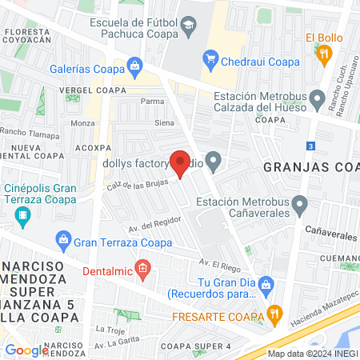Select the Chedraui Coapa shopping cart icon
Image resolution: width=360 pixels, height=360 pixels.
pyautogui.click(x=211, y=57)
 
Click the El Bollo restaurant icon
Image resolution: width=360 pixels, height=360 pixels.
pyautogui.click(x=324, y=54)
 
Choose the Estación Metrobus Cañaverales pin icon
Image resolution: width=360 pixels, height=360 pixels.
pyautogui.click(x=300, y=207)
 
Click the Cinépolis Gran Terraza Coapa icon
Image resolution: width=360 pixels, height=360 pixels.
pyautogui.click(x=24, y=215)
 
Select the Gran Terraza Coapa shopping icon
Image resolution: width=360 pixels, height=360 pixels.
pyautogui.click(x=62, y=238)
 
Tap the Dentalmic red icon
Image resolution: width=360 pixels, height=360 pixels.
pyautogui.click(x=142, y=267)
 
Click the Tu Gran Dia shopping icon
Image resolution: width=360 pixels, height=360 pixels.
pyautogui.click(x=268, y=283)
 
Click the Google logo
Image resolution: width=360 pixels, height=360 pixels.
pyautogui.click(x=26, y=350)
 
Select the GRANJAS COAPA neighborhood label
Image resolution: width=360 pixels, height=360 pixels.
pyautogui.click(x=312, y=166)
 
